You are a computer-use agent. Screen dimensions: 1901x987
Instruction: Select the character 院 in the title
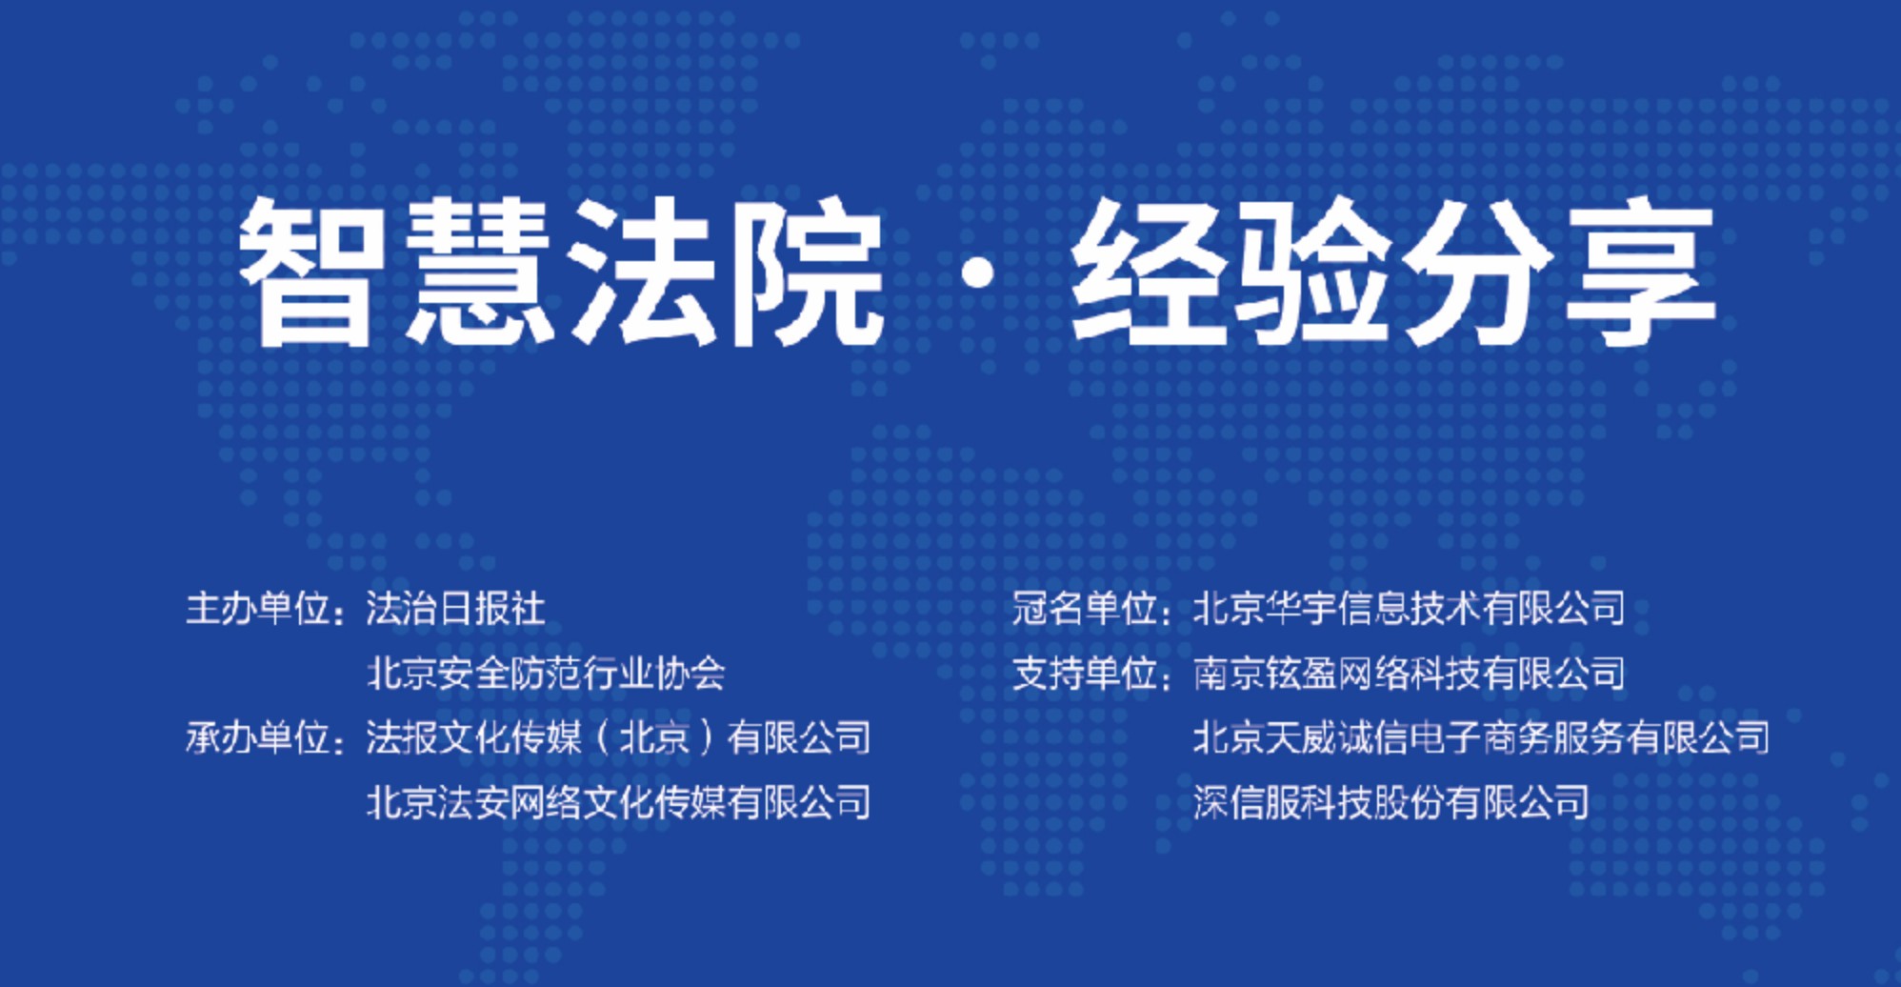[810, 272]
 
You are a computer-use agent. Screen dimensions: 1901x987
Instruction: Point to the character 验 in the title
[1311, 272]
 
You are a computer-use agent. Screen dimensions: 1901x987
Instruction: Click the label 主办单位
[257, 608]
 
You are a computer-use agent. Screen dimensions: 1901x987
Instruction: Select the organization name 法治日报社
[456, 608]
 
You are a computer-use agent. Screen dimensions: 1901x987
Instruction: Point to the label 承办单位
[257, 737]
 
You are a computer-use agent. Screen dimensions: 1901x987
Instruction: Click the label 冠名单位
[1084, 608]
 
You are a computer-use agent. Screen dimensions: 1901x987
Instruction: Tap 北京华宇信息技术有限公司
[1410, 608]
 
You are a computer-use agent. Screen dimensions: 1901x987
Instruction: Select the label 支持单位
[1084, 673]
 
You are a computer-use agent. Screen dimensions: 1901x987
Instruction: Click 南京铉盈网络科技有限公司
[1410, 673]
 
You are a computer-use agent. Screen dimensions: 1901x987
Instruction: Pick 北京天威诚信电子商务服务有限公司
[1482, 737]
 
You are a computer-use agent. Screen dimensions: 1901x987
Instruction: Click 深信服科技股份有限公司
[1391, 802]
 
